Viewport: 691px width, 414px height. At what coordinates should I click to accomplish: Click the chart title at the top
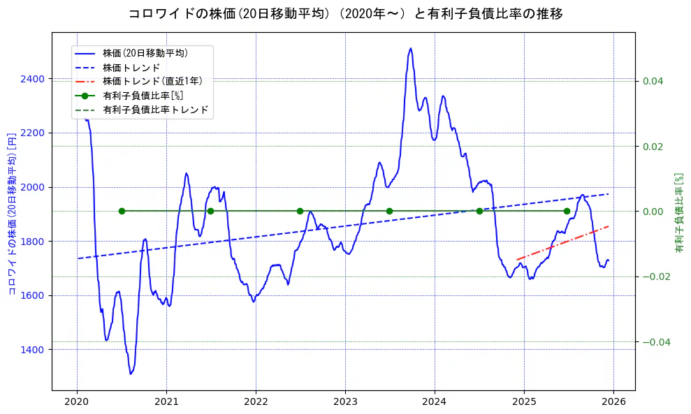tap(345, 14)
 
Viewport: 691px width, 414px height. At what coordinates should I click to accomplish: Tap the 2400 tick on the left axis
tap(34, 79)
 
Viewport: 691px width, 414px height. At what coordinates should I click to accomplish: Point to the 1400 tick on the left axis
tap(34, 349)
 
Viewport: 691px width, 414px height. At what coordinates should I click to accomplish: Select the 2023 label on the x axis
tap(345, 403)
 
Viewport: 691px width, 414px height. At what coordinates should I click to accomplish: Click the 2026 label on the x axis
tap(613, 403)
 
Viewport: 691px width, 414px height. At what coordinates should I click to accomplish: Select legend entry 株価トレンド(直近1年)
tap(152, 81)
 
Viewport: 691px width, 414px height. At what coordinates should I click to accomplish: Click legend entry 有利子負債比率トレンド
tap(155, 110)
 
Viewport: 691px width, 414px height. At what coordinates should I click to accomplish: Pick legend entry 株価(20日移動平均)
tap(145, 52)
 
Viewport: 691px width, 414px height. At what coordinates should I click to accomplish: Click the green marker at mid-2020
tap(122, 211)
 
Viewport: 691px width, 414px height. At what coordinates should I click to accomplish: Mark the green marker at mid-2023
tap(389, 211)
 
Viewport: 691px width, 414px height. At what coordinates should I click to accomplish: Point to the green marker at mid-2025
tap(567, 211)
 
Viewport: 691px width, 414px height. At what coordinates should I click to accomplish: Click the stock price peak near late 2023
tap(410, 48)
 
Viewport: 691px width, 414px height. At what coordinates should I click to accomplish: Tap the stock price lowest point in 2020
tap(131, 374)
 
